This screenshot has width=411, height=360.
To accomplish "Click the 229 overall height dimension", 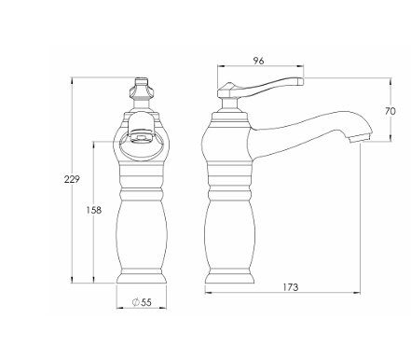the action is tap(72, 179).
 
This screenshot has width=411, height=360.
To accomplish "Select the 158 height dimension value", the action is tap(94, 211).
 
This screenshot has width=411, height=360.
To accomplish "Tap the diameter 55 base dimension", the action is tap(142, 302).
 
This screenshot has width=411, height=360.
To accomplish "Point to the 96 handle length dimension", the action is tap(258, 61).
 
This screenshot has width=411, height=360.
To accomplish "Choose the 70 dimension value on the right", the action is tap(390, 111).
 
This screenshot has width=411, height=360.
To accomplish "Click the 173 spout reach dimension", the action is tap(291, 287).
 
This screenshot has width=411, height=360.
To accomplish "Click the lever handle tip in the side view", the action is tap(301, 81).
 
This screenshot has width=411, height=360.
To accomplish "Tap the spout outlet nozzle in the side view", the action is tap(359, 138).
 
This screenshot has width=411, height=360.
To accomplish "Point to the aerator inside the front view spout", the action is tap(141, 137).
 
